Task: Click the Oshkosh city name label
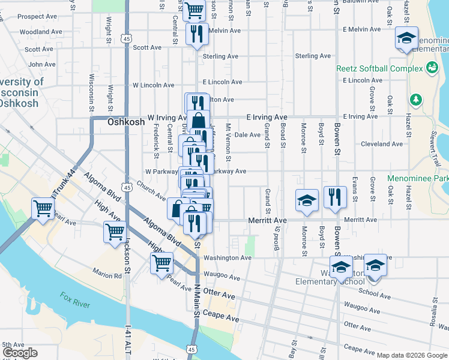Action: tap(126, 122)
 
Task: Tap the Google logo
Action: tap(20, 353)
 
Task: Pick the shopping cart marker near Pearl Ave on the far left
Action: tap(43, 209)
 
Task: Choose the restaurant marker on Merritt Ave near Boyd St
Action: tap(335, 197)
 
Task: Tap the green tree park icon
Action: tap(415, 98)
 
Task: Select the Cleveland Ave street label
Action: tap(382, 144)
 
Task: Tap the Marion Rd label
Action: tap(107, 276)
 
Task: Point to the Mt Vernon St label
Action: tap(228, 142)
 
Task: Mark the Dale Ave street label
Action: tap(247, 135)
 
